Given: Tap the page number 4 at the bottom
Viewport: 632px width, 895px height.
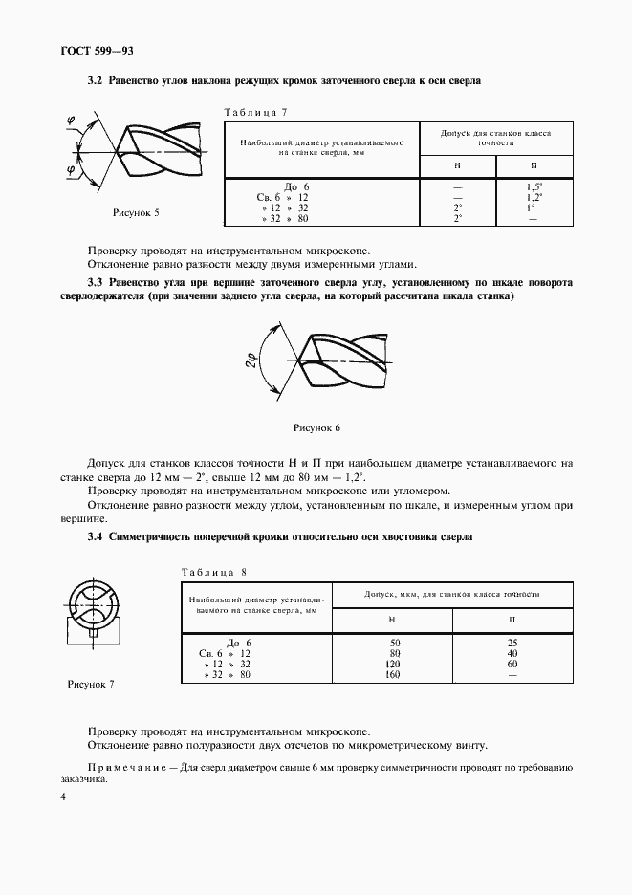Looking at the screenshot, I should [63, 797].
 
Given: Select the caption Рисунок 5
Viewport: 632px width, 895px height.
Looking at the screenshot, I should [136, 211].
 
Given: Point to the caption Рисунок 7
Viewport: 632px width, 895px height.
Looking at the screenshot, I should [91, 685].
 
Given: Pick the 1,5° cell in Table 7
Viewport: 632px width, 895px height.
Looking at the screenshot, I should [534, 186].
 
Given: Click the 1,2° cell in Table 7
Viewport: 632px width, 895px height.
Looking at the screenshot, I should [534, 197].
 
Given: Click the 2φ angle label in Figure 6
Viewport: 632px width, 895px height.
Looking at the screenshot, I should [251, 360].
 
